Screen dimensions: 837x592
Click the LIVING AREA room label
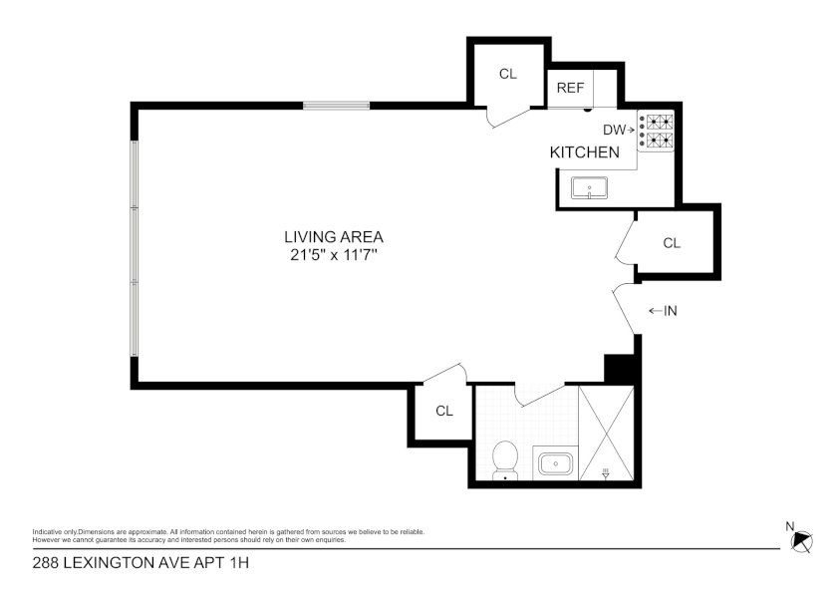[x=334, y=236]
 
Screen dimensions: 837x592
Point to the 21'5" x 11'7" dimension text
[x=334, y=255]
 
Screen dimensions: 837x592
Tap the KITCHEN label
[x=585, y=152]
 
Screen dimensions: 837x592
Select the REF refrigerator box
[x=571, y=88]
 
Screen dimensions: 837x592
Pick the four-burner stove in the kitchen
[x=656, y=132]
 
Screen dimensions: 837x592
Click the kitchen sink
[x=589, y=188]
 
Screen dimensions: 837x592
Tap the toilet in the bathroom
[x=505, y=460]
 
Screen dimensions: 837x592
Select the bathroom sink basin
[x=555, y=463]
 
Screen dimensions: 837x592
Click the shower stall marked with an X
[x=607, y=433]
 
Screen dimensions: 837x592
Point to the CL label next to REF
[x=507, y=74]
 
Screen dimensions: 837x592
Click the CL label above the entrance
[x=672, y=243]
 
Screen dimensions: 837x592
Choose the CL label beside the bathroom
[x=444, y=411]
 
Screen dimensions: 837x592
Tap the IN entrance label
[x=663, y=311]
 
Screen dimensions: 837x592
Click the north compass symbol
[x=802, y=540]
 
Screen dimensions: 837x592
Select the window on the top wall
[x=337, y=106]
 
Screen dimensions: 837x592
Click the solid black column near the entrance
[x=619, y=369]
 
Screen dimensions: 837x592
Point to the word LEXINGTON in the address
[x=118, y=563]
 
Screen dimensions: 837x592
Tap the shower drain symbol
[x=606, y=473]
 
